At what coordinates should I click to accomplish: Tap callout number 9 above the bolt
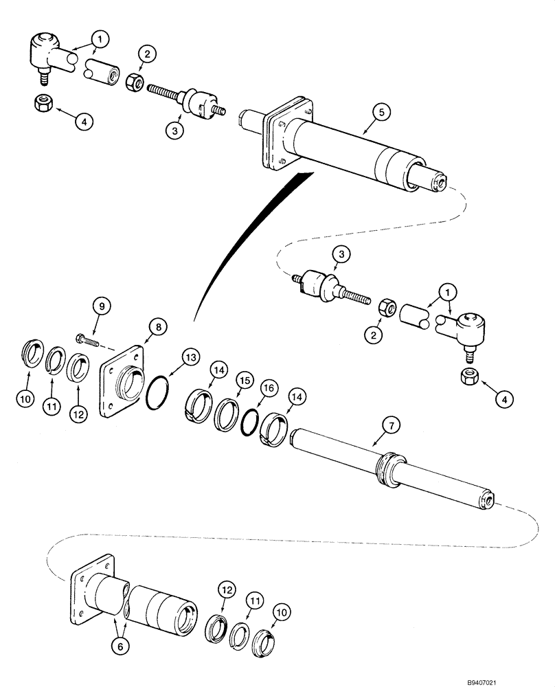[100, 304]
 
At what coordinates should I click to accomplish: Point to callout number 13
[190, 358]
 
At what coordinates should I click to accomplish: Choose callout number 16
[269, 389]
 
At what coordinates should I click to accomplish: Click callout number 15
[245, 379]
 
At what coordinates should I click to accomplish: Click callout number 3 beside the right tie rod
[341, 256]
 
